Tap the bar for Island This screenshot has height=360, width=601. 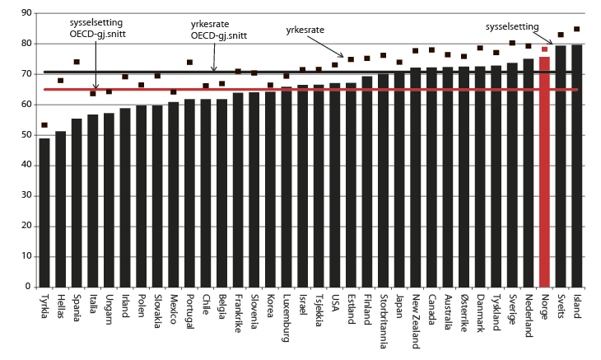pyautogui.click(x=576, y=165)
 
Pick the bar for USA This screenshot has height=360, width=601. pyautogui.click(x=335, y=185)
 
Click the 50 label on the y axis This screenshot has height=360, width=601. pyautogui.click(x=26, y=134)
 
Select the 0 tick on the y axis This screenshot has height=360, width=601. pyautogui.click(x=28, y=287)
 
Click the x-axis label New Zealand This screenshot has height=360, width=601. pyautogui.click(x=416, y=317)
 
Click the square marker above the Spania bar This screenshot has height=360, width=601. pyautogui.click(x=77, y=62)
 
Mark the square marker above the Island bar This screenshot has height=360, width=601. pyautogui.click(x=576, y=29)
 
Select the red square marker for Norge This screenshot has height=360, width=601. pyautogui.click(x=544, y=49)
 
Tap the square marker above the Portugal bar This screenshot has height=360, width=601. pyautogui.click(x=189, y=62)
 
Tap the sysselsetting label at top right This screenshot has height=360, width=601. pyautogui.click(x=512, y=26)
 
